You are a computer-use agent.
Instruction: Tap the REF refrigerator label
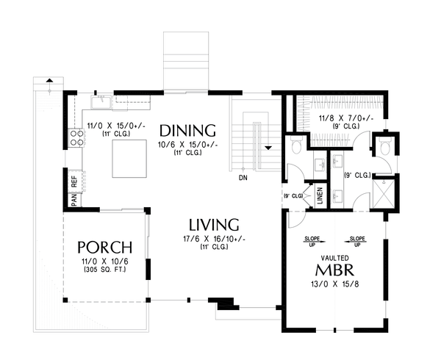pyautogui.click(x=74, y=180)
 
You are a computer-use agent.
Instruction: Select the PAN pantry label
pyautogui.click(x=74, y=198)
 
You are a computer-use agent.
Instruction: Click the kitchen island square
pyautogui.click(x=132, y=159)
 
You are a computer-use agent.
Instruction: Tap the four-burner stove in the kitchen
pyautogui.click(x=75, y=137)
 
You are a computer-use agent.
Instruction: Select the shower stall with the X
pyautogui.click(x=383, y=191)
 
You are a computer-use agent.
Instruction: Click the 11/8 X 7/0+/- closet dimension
pyautogui.click(x=345, y=117)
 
